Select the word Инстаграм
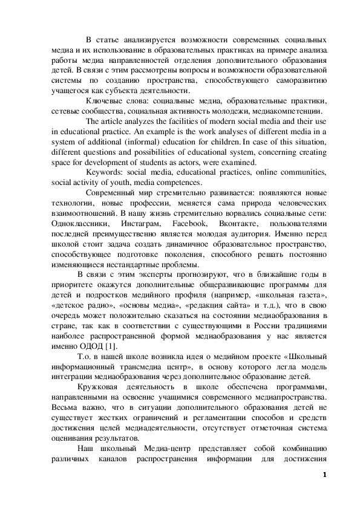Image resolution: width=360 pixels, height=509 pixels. pyautogui.click(x=142, y=224)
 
